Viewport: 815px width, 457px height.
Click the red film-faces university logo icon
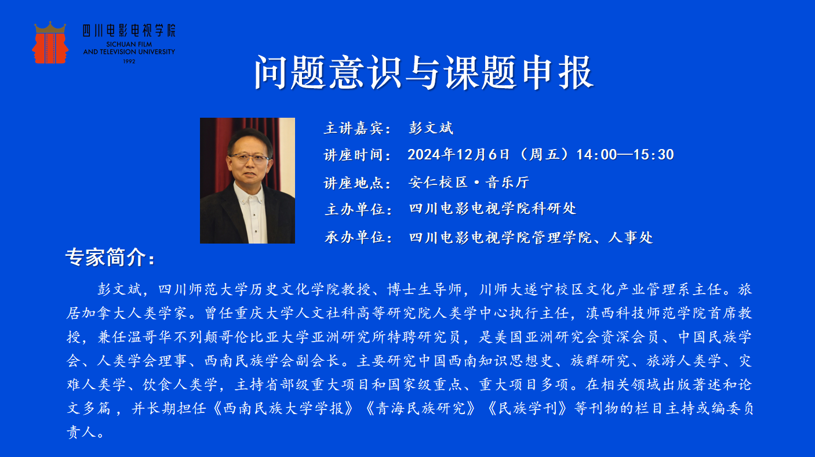[x=50, y=42]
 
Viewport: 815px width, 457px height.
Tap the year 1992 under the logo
[x=129, y=61]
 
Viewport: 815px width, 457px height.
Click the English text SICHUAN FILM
[x=129, y=44]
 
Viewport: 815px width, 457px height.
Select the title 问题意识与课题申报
[x=424, y=72]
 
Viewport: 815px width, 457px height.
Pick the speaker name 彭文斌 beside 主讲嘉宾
[x=431, y=128]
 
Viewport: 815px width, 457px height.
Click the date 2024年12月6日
[x=459, y=154]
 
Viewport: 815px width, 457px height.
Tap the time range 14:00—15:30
[x=625, y=154]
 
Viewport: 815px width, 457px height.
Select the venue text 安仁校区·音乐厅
[x=468, y=182]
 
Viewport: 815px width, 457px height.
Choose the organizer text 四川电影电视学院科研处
[x=493, y=209]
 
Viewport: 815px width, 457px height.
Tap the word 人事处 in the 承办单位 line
[x=631, y=237]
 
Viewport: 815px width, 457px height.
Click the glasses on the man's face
[x=249, y=158]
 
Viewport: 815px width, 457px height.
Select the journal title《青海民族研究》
[x=420, y=408]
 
